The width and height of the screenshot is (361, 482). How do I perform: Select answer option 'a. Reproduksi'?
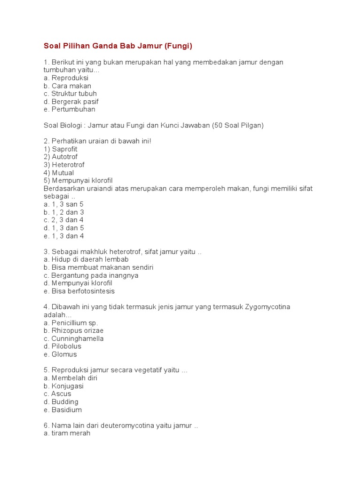click(66, 78)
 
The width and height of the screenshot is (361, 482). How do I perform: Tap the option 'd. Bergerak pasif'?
click(71, 102)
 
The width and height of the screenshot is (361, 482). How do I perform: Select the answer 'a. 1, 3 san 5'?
click(63, 204)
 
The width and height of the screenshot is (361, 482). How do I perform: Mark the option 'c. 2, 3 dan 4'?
click(63, 220)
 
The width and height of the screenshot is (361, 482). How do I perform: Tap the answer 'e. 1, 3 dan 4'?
click(63, 236)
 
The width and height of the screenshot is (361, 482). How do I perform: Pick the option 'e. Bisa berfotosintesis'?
click(79, 291)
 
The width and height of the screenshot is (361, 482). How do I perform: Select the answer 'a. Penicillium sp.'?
click(71, 323)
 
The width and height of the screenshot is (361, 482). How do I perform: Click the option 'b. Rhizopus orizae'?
click(73, 331)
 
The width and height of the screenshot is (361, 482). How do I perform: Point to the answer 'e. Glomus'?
click(60, 354)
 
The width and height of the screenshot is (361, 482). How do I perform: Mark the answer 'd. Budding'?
click(61, 402)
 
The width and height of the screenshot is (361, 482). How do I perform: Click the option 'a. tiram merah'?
click(67, 434)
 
